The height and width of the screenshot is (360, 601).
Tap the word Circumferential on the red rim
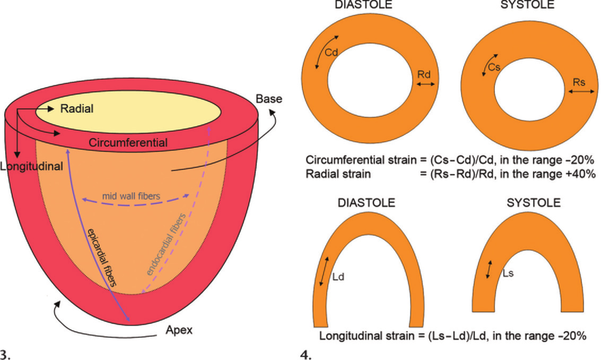pos(128,143)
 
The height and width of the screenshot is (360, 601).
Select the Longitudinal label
pos(31,167)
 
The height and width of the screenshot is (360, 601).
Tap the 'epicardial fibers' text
pos(101,257)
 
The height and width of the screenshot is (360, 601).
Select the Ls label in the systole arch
pos(508,272)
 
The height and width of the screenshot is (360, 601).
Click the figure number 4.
pos(305,351)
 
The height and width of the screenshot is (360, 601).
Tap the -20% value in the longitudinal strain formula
pos(572,335)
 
